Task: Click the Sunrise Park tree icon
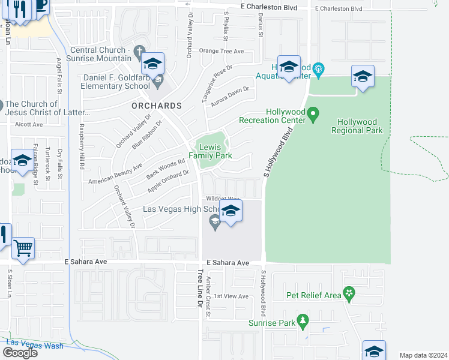[x=304, y=322]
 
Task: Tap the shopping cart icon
[x=23, y=247]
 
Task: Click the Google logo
[x=19, y=352]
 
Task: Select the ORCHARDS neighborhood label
[x=157, y=106]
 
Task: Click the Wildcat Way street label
[x=223, y=198]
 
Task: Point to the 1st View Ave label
[x=231, y=296]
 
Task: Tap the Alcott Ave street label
[x=29, y=125]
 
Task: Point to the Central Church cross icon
[x=139, y=51]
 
